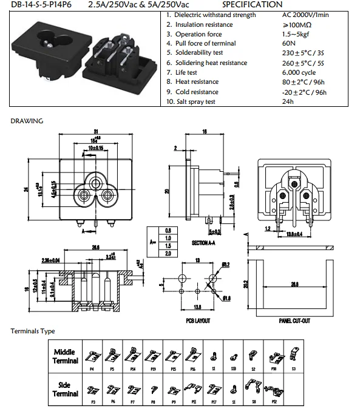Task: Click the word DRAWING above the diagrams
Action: click(27, 121)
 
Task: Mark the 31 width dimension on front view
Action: click(96, 132)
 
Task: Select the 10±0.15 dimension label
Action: click(95, 148)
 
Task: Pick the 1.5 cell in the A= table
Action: click(168, 245)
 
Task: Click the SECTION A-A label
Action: click(205, 243)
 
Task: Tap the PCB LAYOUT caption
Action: click(198, 321)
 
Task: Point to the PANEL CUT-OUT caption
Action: click(294, 321)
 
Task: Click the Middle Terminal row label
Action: click(66, 356)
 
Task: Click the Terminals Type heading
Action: click(33, 331)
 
